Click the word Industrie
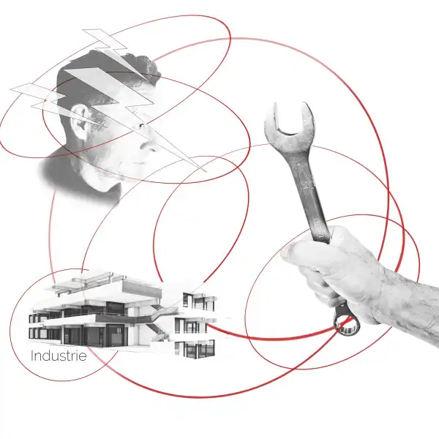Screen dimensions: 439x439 [x=59, y=356]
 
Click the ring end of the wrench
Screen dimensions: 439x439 [x=346, y=322]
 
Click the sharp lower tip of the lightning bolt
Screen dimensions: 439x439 [x=206, y=171]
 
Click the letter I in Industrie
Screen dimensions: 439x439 [x=32, y=356]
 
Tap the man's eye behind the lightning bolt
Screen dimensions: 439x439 [x=140, y=125]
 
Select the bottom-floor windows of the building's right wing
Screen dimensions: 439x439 [x=195, y=349]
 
